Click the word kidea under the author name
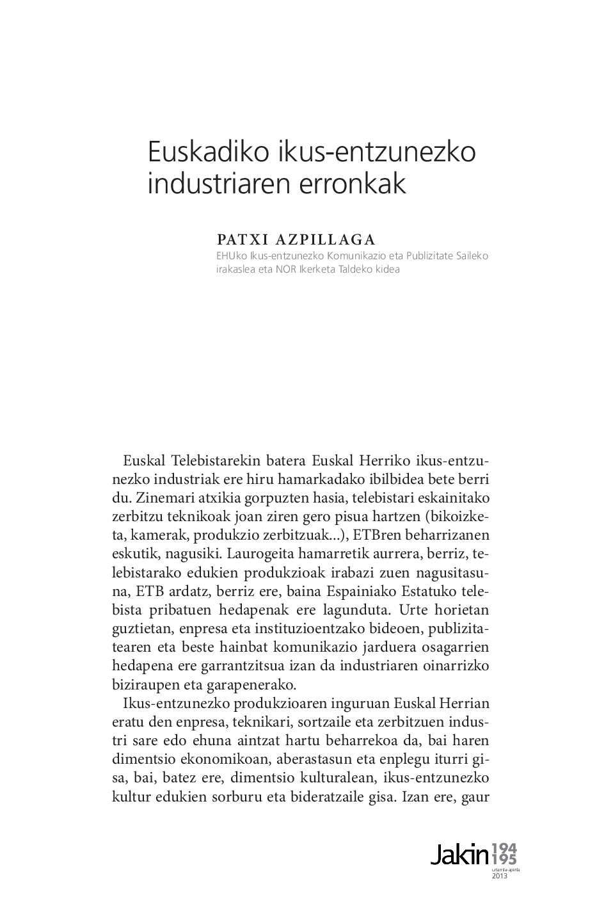[x=385, y=269]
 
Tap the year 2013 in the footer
[x=499, y=876]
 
